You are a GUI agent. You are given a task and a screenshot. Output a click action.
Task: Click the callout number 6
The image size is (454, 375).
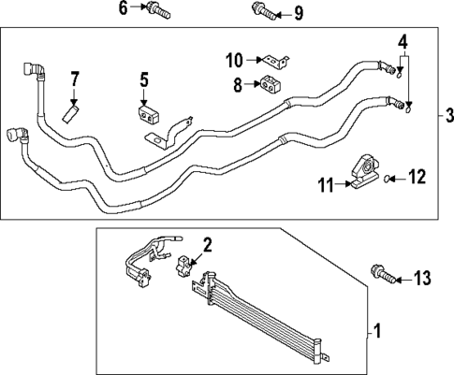[x=122, y=9]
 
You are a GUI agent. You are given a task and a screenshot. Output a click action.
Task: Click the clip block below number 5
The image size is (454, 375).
[x=150, y=117]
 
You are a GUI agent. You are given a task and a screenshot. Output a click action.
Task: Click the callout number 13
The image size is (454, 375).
[x=422, y=277]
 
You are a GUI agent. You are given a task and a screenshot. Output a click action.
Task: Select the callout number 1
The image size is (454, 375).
[x=378, y=330]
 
